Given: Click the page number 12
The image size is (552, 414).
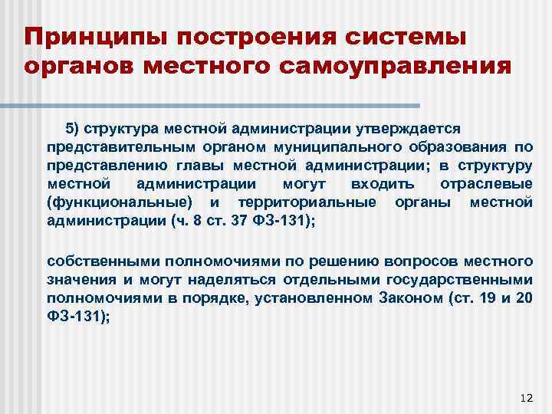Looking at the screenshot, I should tap(525, 397).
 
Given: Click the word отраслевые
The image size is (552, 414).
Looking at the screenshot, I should tap(487, 184).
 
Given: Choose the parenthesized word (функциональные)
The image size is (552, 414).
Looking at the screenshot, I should tap(119, 202).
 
